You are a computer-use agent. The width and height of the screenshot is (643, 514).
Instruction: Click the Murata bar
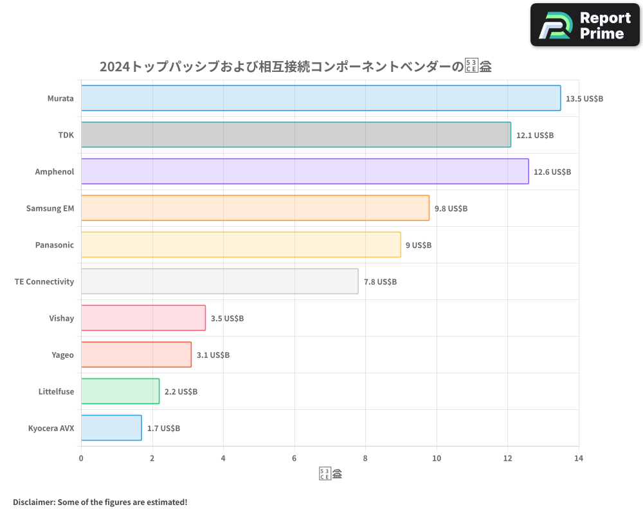click(320, 98)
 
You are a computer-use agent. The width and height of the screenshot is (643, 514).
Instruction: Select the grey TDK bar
click(296, 135)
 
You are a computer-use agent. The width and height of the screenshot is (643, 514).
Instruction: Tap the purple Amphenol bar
click(305, 172)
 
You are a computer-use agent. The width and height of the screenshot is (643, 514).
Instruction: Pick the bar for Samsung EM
click(255, 208)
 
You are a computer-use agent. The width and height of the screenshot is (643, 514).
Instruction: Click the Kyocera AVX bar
click(111, 428)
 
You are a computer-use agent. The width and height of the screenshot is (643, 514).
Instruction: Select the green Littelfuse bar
click(120, 391)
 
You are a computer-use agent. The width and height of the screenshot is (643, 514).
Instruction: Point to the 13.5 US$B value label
click(584, 99)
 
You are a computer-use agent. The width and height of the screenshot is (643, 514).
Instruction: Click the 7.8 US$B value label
click(380, 282)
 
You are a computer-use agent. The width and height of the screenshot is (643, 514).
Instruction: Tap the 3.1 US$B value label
click(213, 355)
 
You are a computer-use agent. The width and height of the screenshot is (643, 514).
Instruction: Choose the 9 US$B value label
click(419, 245)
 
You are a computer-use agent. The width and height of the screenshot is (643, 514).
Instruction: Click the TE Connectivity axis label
click(44, 281)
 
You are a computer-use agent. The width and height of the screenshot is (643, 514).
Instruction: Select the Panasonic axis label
click(55, 245)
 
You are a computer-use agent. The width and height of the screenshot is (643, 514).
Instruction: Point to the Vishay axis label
click(62, 318)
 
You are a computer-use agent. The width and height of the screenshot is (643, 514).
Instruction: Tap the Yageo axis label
click(63, 355)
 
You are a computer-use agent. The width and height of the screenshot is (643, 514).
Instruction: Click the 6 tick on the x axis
click(294, 458)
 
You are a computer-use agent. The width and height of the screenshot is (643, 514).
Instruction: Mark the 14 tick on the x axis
click(579, 458)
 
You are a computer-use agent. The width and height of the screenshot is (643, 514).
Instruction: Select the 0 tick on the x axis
click(81, 458)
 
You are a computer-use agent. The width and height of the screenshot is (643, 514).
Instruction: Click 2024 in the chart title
click(114, 66)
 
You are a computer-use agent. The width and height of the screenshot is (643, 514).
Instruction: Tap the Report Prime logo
click(585, 25)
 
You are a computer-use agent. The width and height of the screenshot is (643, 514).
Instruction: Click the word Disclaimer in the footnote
click(33, 502)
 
